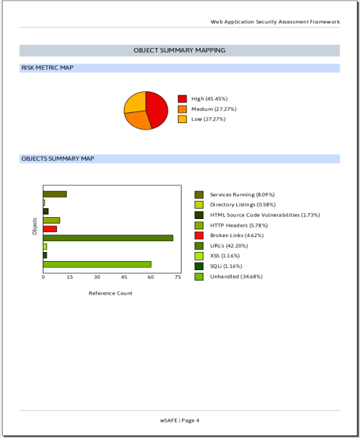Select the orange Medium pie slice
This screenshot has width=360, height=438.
pos(139,120)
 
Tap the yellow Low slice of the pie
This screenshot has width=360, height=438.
pos(136,102)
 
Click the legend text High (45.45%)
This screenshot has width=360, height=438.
pos(209,98)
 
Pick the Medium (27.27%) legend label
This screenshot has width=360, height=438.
pos(214,109)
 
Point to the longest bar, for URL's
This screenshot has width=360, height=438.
pos(108,238)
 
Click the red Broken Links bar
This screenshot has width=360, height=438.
pos(50,229)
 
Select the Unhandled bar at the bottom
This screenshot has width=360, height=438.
pos(97,264)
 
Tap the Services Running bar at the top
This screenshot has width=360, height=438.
pos(54,194)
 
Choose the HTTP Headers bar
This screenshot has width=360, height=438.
pos(51,220)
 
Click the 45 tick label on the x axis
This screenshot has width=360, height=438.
pos(124,277)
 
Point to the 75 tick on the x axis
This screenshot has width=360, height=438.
pos(178,277)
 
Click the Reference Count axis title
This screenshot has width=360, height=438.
pos(111,294)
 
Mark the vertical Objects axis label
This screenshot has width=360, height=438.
pos(34,226)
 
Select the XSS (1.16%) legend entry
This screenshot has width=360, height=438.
pos(225,256)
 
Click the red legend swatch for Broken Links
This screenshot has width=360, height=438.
pos(199,235)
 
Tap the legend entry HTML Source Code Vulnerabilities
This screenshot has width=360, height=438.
pos(265,215)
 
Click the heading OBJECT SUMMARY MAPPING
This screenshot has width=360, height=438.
pos(179,51)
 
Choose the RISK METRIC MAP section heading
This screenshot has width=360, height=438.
pos(47,67)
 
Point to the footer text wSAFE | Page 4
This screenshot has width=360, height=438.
pos(180,421)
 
